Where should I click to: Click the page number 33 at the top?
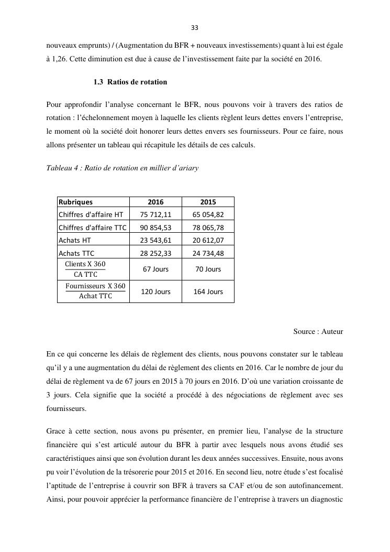click(195, 28)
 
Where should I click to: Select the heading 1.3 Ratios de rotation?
click(130, 82)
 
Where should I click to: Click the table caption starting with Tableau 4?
click(122, 168)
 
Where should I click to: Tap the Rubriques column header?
click(76, 202)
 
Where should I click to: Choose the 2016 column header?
click(155, 202)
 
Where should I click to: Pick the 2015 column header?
click(208, 202)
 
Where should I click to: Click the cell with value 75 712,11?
click(155, 214)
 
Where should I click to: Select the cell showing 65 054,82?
click(208, 214)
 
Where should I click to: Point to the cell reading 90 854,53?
click(155, 227)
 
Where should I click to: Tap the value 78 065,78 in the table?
click(208, 227)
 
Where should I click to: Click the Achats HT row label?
click(76, 240)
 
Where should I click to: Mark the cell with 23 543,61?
click(155, 240)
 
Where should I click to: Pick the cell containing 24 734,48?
click(208, 253)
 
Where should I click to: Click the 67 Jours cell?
click(155, 269)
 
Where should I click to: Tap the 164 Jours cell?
click(208, 292)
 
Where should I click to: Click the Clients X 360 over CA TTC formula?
click(85, 269)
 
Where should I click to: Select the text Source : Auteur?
click(318, 332)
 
